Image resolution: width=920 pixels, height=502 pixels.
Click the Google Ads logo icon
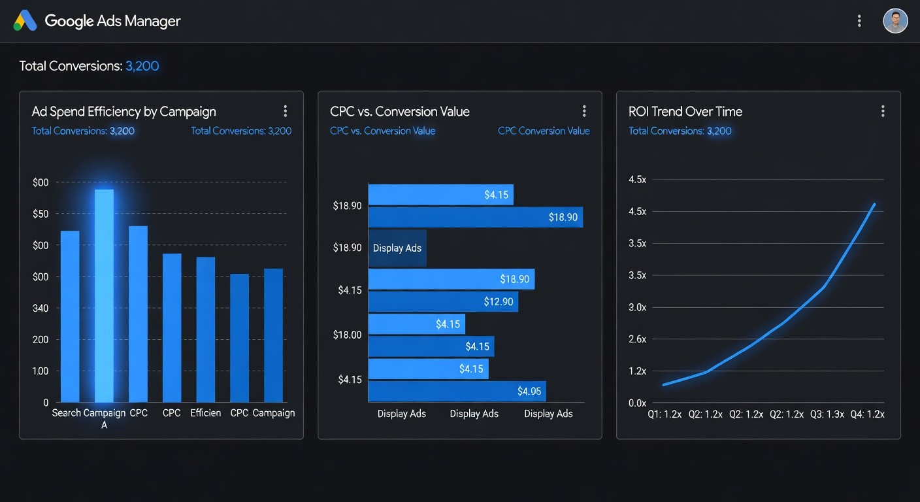(25, 21)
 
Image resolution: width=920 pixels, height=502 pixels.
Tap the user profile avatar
(895, 21)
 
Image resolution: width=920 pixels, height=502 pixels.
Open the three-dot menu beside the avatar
(859, 21)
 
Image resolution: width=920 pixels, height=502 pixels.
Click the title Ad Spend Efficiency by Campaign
(123, 112)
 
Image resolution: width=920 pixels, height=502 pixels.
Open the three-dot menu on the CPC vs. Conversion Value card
(584, 111)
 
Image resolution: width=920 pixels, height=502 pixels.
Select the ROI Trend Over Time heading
(685, 112)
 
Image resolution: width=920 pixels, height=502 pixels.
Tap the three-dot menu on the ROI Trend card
(883, 111)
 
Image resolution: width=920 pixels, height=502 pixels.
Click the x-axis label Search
(67, 413)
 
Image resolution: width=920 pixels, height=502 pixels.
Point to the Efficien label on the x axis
(205, 413)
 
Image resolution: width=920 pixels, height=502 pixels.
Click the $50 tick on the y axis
(41, 214)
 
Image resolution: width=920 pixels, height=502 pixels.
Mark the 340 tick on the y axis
(41, 308)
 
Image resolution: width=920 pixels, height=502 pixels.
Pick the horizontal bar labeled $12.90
(443, 302)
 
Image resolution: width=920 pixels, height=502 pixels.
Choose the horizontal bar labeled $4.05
(457, 391)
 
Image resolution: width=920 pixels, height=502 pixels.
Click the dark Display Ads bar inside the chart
(397, 248)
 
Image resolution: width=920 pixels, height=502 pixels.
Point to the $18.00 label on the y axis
(347, 335)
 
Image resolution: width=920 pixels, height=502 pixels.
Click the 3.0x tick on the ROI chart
(637, 307)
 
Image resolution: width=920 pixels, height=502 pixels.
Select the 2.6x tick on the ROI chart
(637, 339)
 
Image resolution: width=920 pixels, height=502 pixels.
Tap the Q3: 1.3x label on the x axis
(827, 414)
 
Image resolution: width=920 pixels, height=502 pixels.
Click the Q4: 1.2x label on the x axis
(867, 414)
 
